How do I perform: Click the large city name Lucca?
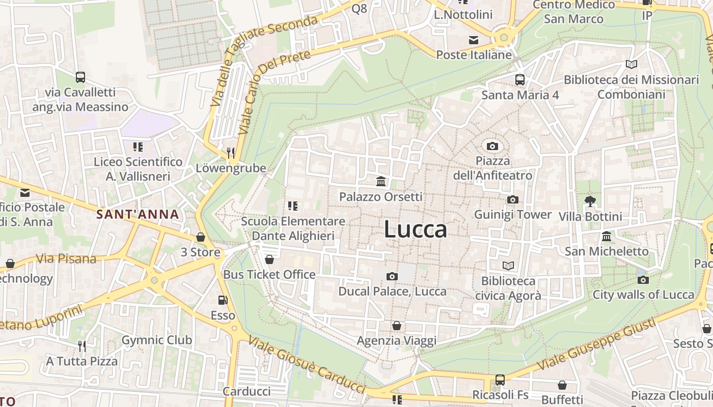pyautogui.click(x=416, y=229)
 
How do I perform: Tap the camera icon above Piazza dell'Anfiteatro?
pyautogui.click(x=492, y=147)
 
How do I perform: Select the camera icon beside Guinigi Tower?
pyautogui.click(x=512, y=200)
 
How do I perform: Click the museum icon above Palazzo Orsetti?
pyautogui.click(x=380, y=182)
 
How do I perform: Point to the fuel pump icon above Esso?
pyautogui.click(x=223, y=301)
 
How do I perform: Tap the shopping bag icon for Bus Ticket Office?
pyautogui.click(x=269, y=259)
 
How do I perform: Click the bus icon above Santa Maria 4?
pyautogui.click(x=519, y=80)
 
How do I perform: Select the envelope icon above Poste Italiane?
pyautogui.click(x=474, y=40)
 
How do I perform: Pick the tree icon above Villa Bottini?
pyautogui.click(x=590, y=201)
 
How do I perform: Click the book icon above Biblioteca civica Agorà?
pyautogui.click(x=508, y=266)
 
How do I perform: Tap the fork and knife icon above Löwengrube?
pyautogui.click(x=231, y=153)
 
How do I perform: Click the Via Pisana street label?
pyautogui.click(x=66, y=258)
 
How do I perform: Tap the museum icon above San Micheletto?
pyautogui.click(x=607, y=237)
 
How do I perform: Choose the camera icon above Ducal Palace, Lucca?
pyautogui.click(x=392, y=276)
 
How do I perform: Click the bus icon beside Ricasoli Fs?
pyautogui.click(x=500, y=380)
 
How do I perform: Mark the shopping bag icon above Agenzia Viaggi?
pyautogui.click(x=397, y=326)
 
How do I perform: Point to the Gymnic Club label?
pyautogui.click(x=156, y=340)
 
